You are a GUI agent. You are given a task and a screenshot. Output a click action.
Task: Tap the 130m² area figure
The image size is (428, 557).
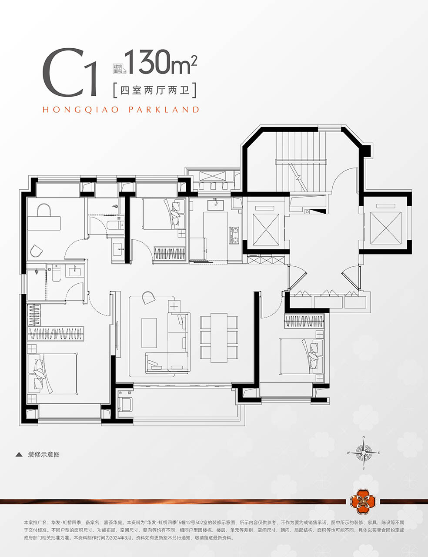[161, 62]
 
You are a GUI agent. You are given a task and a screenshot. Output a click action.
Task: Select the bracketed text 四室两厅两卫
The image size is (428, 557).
[155, 90]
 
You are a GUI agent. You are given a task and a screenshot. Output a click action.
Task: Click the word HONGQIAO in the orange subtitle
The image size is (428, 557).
[80, 110]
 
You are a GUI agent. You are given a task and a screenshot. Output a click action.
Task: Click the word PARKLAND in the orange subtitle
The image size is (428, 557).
[164, 110]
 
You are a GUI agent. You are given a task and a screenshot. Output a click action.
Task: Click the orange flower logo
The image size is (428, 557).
[363, 501]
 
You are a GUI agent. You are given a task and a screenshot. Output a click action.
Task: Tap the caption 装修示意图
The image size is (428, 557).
[44, 454]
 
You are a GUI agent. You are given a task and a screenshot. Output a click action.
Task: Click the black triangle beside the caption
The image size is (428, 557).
[19, 455]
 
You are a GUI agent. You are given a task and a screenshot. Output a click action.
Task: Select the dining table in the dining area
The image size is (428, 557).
[219, 338]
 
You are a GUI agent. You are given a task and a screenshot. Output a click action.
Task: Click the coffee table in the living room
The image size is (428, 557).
[149, 333]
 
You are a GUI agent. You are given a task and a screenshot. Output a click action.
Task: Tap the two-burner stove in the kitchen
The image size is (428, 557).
[234, 235]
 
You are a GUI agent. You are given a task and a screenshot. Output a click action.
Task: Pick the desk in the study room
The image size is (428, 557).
[44, 223]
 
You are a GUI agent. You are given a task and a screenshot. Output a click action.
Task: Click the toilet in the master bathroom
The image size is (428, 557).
[56, 273]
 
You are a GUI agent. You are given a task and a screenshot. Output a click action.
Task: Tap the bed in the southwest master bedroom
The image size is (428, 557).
[52, 373]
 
